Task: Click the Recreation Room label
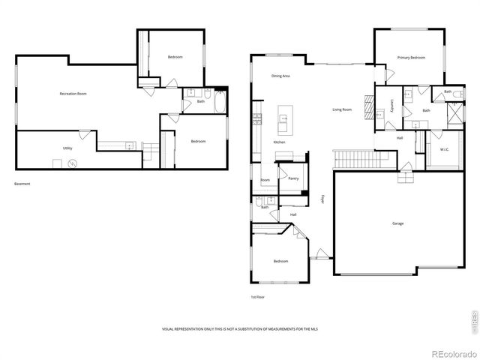pyautogui.click(x=73, y=94)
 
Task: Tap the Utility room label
pyautogui.click(x=67, y=148)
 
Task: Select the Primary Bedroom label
pyautogui.click(x=411, y=58)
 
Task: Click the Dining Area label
pyautogui.click(x=280, y=76)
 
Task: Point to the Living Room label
pyautogui.click(x=342, y=109)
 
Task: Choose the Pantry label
pyautogui.click(x=293, y=178)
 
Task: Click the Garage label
pyautogui.click(x=397, y=223)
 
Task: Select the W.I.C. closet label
pyautogui.click(x=445, y=149)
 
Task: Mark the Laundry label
pyautogui.click(x=391, y=107)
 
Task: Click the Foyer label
pyautogui.click(x=323, y=199)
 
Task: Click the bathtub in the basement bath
pyautogui.click(x=220, y=102)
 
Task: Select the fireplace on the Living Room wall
pyautogui.click(x=368, y=107)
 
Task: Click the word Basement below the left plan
pyautogui.click(x=22, y=184)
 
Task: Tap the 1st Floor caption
pyautogui.click(x=257, y=297)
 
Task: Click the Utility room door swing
pyautogui.click(x=85, y=135)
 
